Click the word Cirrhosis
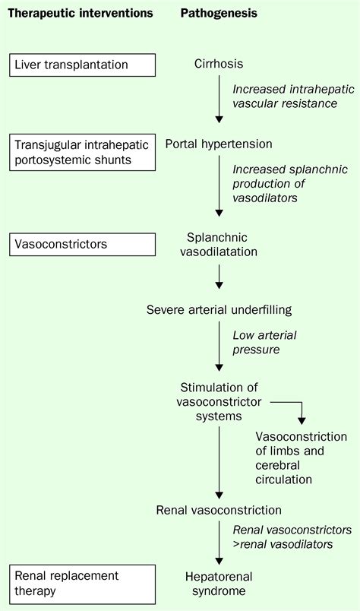pyautogui.click(x=219, y=65)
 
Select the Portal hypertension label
pyautogui.click(x=219, y=144)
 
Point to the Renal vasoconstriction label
pyautogui.click(x=219, y=510)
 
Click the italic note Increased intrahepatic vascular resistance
pyautogui.click(x=284, y=95)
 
